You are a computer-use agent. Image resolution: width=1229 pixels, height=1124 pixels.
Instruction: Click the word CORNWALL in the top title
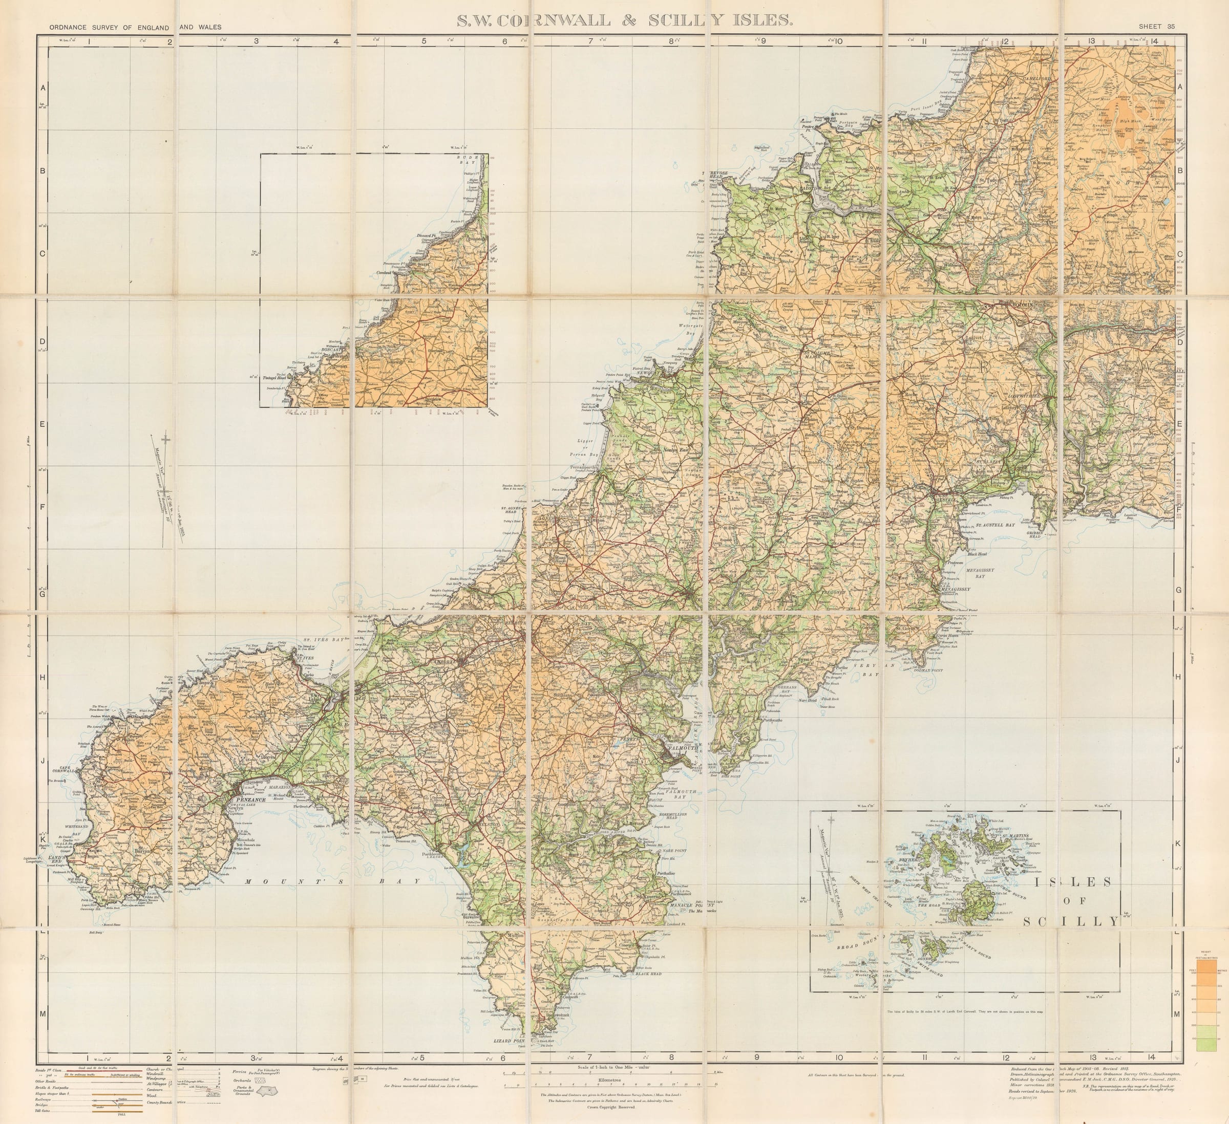(x=554, y=20)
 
